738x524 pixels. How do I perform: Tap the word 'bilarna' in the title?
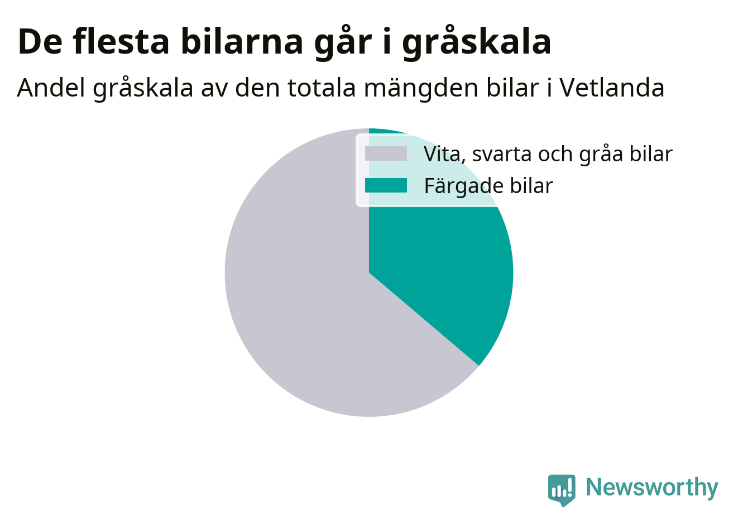coord(242,41)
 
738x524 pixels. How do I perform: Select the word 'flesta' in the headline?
coord(121,41)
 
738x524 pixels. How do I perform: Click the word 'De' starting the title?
coord(40,42)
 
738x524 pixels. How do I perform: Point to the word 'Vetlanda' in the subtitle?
coord(612,88)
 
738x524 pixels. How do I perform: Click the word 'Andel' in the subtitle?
coord(51,88)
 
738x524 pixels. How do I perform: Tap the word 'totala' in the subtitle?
coord(322,88)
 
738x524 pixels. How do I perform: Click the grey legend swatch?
coord(386,153)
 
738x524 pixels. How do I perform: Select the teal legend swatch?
coord(386,185)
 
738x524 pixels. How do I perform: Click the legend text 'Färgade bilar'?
coord(488,186)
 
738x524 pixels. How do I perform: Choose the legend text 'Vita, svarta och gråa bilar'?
coord(548,154)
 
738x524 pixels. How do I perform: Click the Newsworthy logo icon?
coord(562,490)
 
